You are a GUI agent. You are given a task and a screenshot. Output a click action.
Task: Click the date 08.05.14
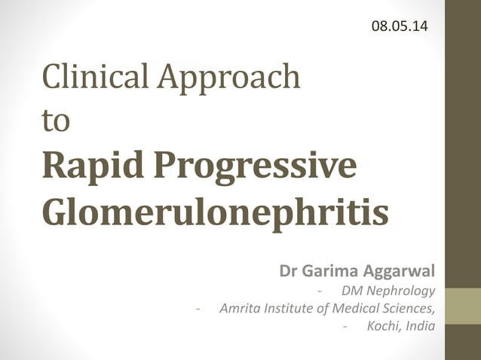(400, 26)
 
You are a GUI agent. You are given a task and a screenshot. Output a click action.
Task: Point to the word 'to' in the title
(57, 123)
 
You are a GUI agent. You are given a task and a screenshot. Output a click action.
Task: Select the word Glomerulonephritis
(216, 212)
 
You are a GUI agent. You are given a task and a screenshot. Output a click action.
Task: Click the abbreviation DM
(351, 290)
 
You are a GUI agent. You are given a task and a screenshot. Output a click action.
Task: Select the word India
(420, 326)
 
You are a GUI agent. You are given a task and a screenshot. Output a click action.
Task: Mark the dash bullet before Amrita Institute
(198, 308)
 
